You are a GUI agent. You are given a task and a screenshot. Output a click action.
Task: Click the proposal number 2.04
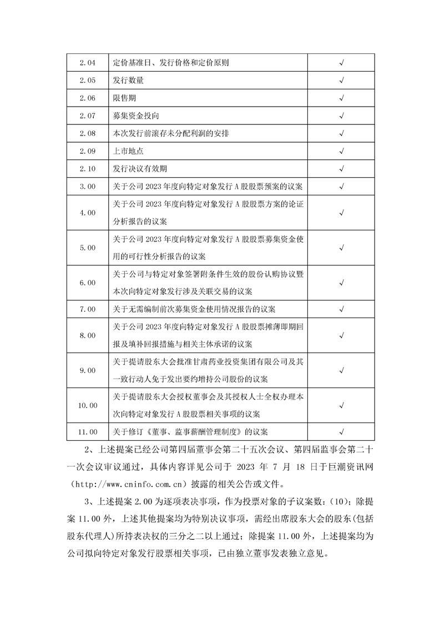coord(88,63)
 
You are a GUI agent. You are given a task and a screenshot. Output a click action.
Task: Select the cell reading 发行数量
coord(128,81)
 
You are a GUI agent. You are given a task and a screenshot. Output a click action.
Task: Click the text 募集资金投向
coord(136,115)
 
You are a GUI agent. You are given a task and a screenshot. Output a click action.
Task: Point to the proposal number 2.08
coord(88,133)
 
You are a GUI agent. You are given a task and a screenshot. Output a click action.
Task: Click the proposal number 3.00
coord(88,186)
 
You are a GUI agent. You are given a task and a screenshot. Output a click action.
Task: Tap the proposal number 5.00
coord(88,248)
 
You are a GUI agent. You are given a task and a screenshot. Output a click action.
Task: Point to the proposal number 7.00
coord(88,309)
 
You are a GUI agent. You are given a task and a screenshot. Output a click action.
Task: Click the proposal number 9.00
coord(88,370)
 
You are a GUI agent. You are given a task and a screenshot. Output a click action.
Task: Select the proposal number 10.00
coord(88,405)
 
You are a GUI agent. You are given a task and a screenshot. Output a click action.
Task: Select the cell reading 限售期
coord(124,98)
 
